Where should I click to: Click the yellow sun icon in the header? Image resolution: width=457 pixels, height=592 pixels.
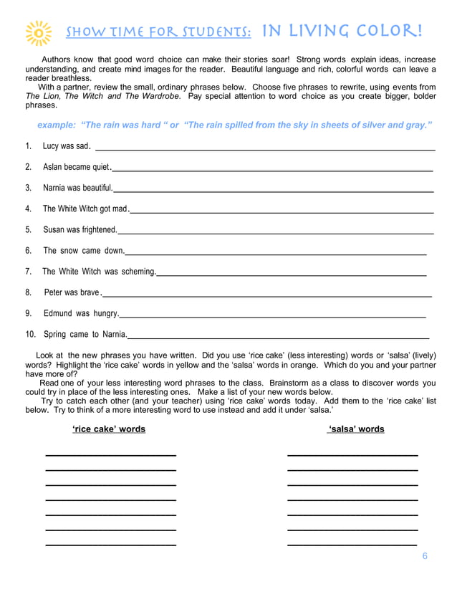point(38,33)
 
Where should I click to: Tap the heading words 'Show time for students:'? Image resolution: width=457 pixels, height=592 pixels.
point(158,32)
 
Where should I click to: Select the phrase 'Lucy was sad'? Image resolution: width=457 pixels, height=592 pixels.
point(66,146)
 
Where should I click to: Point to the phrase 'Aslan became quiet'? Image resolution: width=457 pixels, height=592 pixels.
point(77,167)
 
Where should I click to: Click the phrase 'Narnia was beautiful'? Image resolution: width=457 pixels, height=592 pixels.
point(77,188)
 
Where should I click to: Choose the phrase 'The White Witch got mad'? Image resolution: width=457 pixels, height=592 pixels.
point(85,209)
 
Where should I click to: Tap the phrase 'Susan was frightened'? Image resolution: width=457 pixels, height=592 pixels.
point(80,229)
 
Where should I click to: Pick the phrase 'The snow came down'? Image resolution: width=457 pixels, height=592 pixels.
point(83,250)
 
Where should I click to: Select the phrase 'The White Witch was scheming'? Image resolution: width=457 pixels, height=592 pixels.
point(99,272)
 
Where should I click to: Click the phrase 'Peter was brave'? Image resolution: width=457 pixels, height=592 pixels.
point(72,292)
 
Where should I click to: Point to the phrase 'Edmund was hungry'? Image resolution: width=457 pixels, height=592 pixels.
point(81,313)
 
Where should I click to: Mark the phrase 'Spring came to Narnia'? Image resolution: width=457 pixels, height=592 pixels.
point(85,334)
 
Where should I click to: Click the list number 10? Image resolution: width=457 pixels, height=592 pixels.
point(31,334)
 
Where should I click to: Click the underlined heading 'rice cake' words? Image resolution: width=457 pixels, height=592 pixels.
point(109,429)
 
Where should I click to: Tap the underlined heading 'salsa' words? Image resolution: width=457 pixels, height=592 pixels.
point(355,429)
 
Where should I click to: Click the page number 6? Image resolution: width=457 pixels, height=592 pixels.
point(425,556)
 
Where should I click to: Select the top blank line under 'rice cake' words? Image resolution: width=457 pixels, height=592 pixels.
point(111,455)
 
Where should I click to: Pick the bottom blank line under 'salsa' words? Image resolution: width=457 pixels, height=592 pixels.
point(352,545)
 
